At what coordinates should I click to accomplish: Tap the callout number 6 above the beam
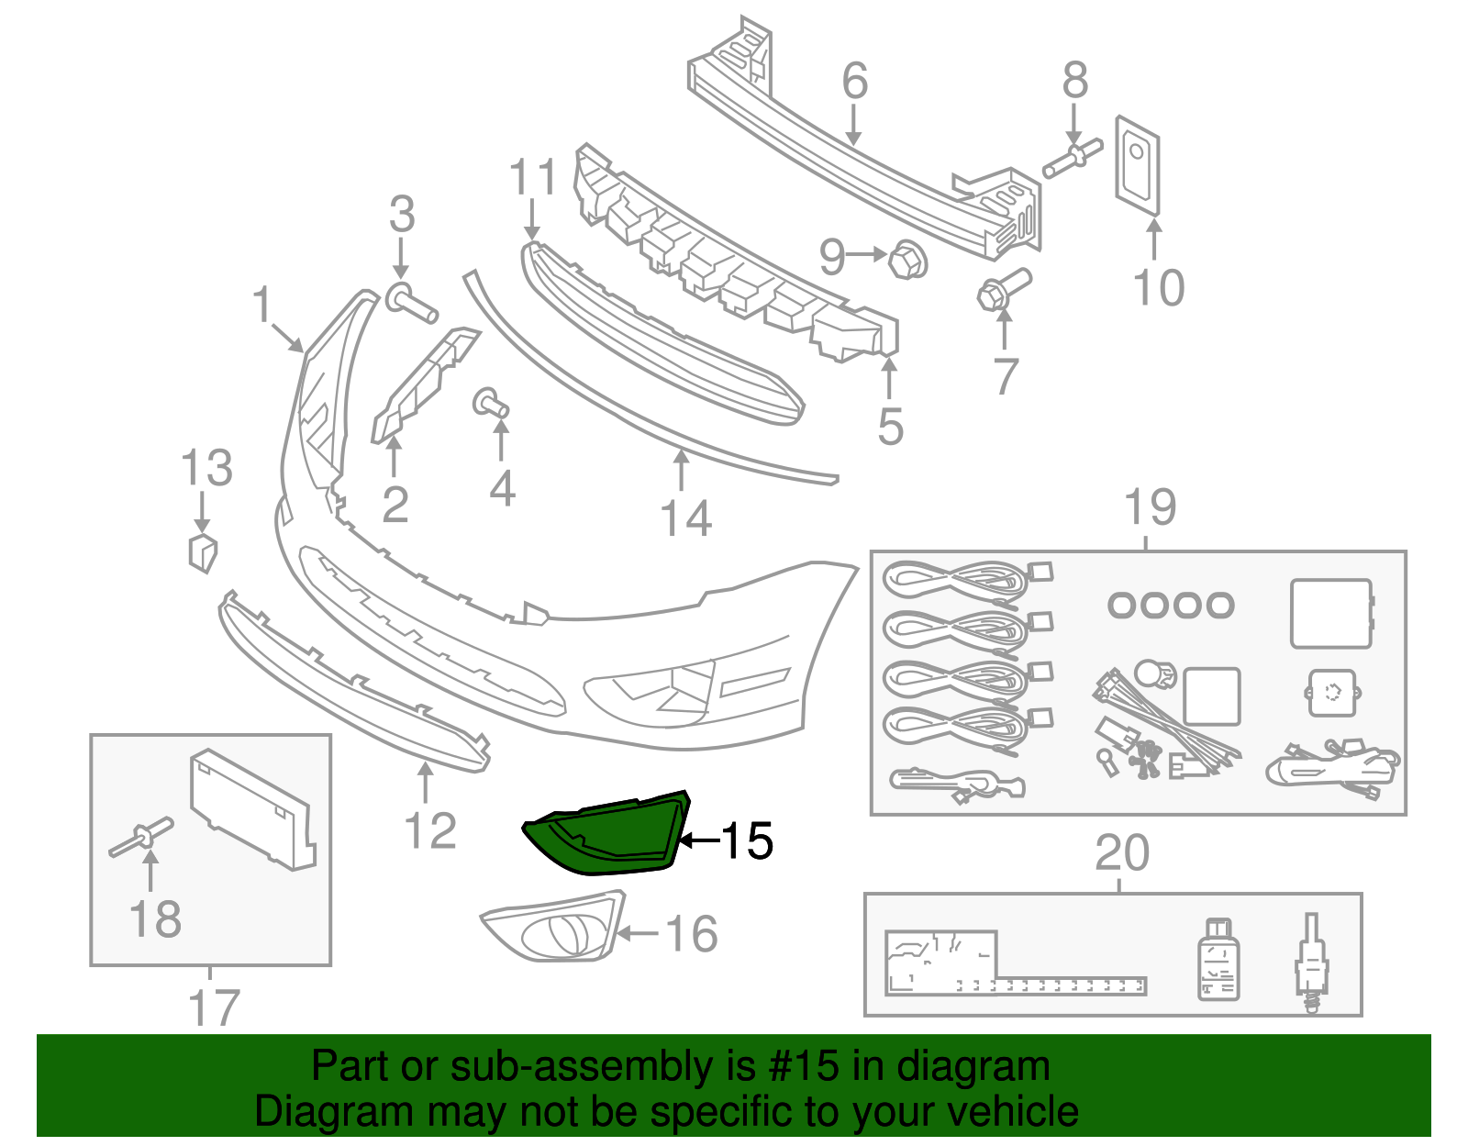[x=854, y=81]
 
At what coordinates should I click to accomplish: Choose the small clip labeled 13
[x=201, y=552]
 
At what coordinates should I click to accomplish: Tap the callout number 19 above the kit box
[x=1150, y=507]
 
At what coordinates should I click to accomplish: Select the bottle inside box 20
[x=1218, y=960]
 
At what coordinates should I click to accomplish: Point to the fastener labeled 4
[x=490, y=403]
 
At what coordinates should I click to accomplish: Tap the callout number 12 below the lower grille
[x=429, y=831]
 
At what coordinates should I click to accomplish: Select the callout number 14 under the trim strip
[x=686, y=518]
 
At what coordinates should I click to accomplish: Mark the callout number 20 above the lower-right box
[x=1121, y=853]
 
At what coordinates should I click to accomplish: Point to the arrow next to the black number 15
[x=698, y=840]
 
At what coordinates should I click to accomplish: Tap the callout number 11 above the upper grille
[x=532, y=176]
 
